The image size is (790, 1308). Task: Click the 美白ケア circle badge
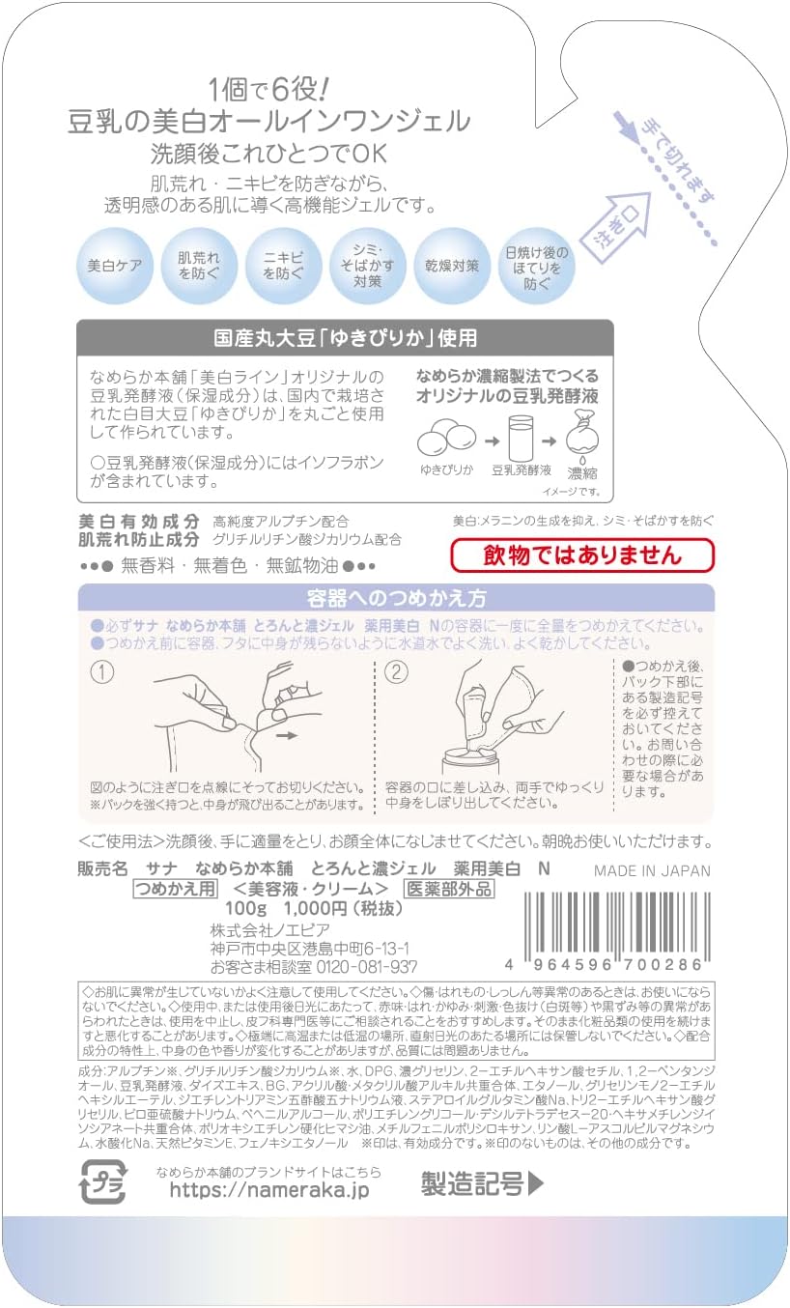(x=115, y=265)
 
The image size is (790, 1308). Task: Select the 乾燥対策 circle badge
(x=445, y=265)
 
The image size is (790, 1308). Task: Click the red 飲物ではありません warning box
(x=582, y=555)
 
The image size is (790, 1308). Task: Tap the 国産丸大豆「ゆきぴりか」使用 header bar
(x=345, y=338)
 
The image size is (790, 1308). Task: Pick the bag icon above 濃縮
(x=583, y=436)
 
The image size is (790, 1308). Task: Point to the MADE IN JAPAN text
(x=652, y=870)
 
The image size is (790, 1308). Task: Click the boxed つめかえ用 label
(x=175, y=890)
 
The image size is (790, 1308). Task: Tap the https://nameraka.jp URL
(x=268, y=1190)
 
